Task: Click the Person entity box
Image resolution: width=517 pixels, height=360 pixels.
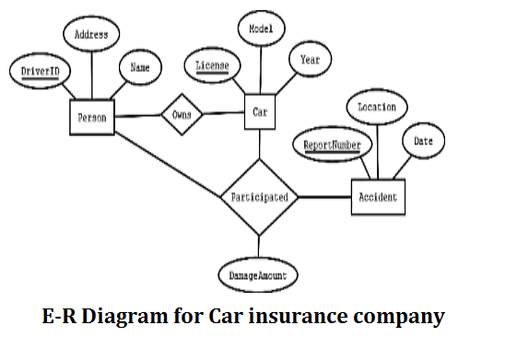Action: [x=91, y=118]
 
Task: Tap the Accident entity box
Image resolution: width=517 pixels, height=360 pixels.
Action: [x=376, y=197]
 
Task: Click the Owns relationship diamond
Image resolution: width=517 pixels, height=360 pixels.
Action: [x=181, y=115]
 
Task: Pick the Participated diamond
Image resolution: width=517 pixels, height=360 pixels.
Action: [x=259, y=197]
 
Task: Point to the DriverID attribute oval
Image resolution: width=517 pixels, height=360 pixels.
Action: [x=35, y=71]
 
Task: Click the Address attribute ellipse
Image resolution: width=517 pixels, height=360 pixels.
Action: [x=91, y=35]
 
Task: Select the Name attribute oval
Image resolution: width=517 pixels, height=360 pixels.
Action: [x=140, y=67]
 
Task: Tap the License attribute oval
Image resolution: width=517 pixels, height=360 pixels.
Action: [x=212, y=66]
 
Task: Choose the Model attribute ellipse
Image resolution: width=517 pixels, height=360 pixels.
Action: [x=261, y=29]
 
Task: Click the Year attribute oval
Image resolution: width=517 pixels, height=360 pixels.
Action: [x=310, y=60]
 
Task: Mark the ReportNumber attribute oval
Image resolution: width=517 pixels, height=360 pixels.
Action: [x=334, y=145]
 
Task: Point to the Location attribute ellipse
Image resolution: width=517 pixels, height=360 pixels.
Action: [x=377, y=107]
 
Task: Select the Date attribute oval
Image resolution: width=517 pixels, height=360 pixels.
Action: [x=423, y=141]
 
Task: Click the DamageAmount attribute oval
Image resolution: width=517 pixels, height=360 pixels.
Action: [x=258, y=274]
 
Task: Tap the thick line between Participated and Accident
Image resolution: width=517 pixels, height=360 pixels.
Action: [x=324, y=197]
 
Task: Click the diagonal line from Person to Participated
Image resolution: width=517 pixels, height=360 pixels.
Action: [x=166, y=164]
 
